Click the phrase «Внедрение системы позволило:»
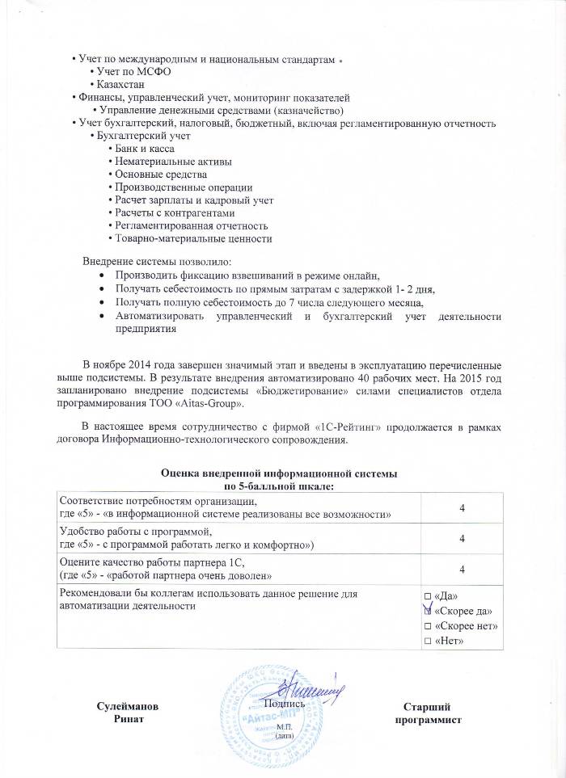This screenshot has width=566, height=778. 157,262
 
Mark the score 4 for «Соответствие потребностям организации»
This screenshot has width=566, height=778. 462,507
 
